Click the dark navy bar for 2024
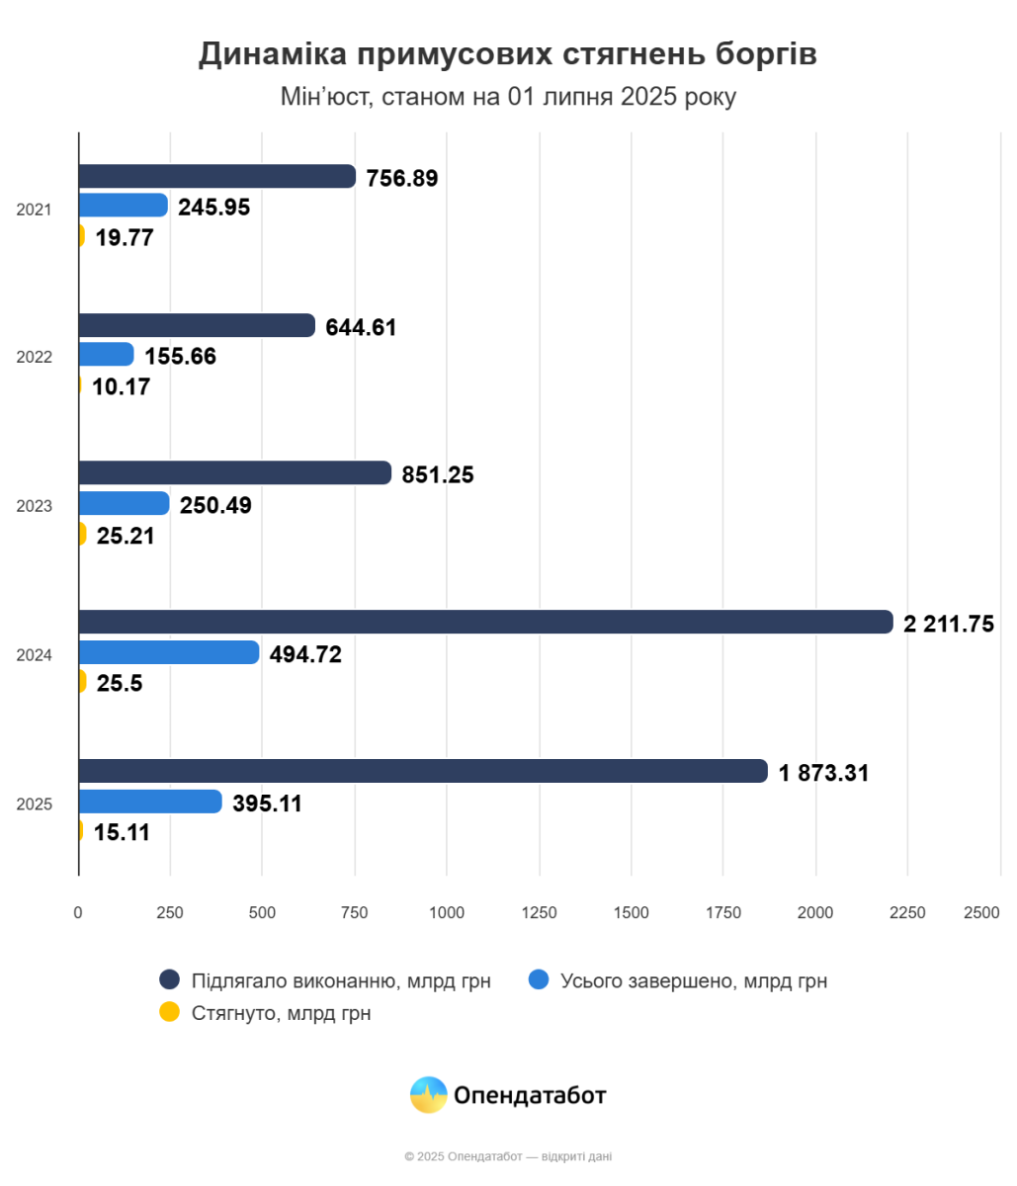point(484,622)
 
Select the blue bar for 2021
point(123,206)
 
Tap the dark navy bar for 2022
point(196,325)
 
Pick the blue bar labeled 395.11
point(149,802)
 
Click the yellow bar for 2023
point(82,534)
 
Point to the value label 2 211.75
point(948,624)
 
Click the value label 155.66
point(180,357)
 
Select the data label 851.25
point(438,475)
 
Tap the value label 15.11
point(122,833)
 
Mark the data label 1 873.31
point(823,774)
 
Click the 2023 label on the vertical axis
point(34,506)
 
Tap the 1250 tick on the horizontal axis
point(539,913)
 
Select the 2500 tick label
point(982,913)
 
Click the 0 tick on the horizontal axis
point(78,913)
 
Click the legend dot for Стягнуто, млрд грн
point(170,1012)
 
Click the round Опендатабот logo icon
point(428,1095)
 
